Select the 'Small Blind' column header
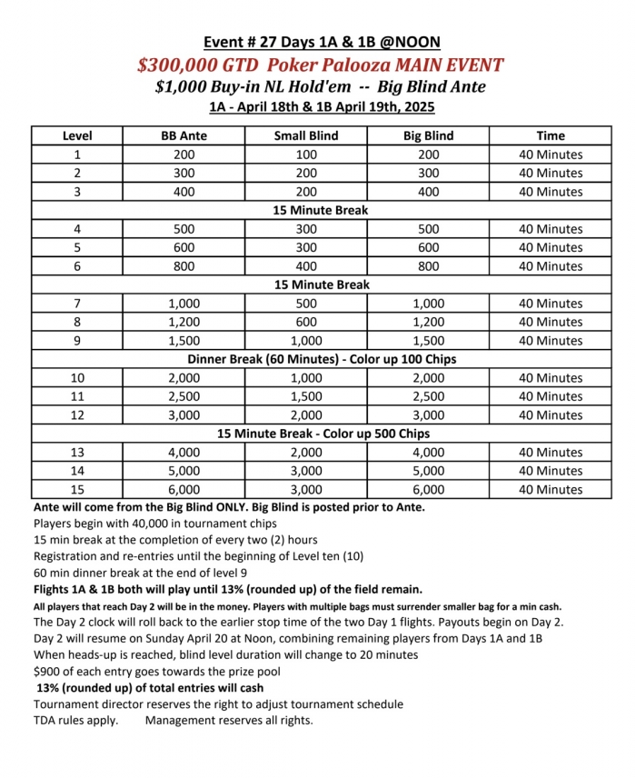[x=305, y=136]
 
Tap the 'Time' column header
[x=550, y=136]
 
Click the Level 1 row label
[x=77, y=155]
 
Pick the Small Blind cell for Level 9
[x=305, y=341]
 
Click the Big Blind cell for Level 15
[x=428, y=489]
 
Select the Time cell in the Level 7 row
[x=550, y=304]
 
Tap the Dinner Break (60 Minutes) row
[x=322, y=359]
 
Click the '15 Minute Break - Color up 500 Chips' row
[x=322, y=434]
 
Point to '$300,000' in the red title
[x=172, y=65]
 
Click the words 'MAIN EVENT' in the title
[x=446, y=65]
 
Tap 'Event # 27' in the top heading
[x=242, y=43]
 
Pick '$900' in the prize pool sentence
[x=48, y=672]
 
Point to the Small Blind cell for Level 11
[x=305, y=396]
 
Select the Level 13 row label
[x=77, y=453]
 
